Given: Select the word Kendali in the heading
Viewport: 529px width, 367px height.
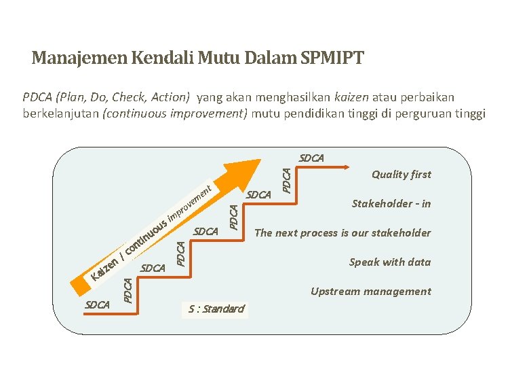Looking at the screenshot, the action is pyautogui.click(x=158, y=58).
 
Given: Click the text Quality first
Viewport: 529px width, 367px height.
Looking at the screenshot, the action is pyautogui.click(x=401, y=175).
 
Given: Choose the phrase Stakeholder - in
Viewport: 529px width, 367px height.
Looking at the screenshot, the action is pyautogui.click(x=391, y=204).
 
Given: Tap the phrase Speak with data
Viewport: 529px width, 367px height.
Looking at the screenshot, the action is pyautogui.click(x=390, y=262).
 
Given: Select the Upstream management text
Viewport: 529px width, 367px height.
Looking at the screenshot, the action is pyautogui.click(x=370, y=292).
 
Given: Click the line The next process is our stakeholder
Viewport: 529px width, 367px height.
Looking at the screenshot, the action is pyautogui.click(x=342, y=233).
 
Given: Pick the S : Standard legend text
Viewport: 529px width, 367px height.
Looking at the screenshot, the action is pyautogui.click(x=216, y=309).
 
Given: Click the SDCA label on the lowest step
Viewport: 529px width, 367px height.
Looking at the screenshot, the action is pyautogui.click(x=98, y=305).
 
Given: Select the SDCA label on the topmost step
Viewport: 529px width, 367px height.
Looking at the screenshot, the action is pyautogui.click(x=311, y=158).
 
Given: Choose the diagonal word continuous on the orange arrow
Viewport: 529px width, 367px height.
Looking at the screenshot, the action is pyautogui.click(x=148, y=234).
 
